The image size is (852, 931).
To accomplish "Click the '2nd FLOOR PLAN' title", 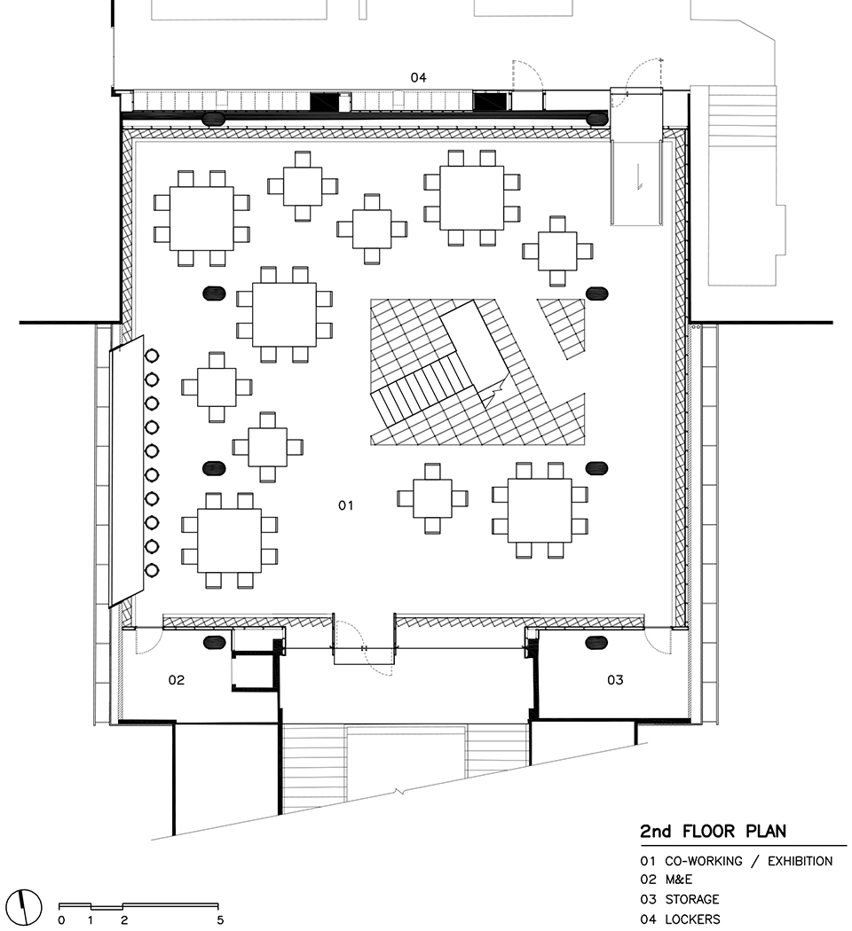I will pyautogui.click(x=713, y=832).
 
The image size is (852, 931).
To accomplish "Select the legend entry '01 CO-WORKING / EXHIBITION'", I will pyautogui.click(x=737, y=861).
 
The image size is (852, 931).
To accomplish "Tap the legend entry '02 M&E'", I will pyautogui.click(x=667, y=880).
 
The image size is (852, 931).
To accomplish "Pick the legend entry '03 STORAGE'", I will pyautogui.click(x=680, y=900).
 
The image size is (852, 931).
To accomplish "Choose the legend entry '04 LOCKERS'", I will pyautogui.click(x=681, y=919).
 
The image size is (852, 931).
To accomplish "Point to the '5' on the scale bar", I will pyautogui.click(x=219, y=920).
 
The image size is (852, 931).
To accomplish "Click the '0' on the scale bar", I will pyautogui.click(x=60, y=920).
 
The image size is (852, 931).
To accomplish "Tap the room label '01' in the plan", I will pyautogui.click(x=346, y=505).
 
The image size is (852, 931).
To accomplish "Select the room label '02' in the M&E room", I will pyautogui.click(x=177, y=680).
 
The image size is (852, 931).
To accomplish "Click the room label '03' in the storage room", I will pyautogui.click(x=615, y=680).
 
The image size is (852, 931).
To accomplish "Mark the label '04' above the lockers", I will pyautogui.click(x=418, y=78).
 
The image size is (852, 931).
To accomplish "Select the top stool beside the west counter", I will pyautogui.click(x=152, y=356).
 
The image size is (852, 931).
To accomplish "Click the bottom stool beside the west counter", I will pyautogui.click(x=152, y=569).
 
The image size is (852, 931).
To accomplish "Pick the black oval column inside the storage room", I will pyautogui.click(x=596, y=642).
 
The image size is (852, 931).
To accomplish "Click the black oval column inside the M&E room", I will pyautogui.click(x=214, y=642).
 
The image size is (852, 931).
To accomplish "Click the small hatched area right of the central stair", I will pyautogui.click(x=564, y=326).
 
